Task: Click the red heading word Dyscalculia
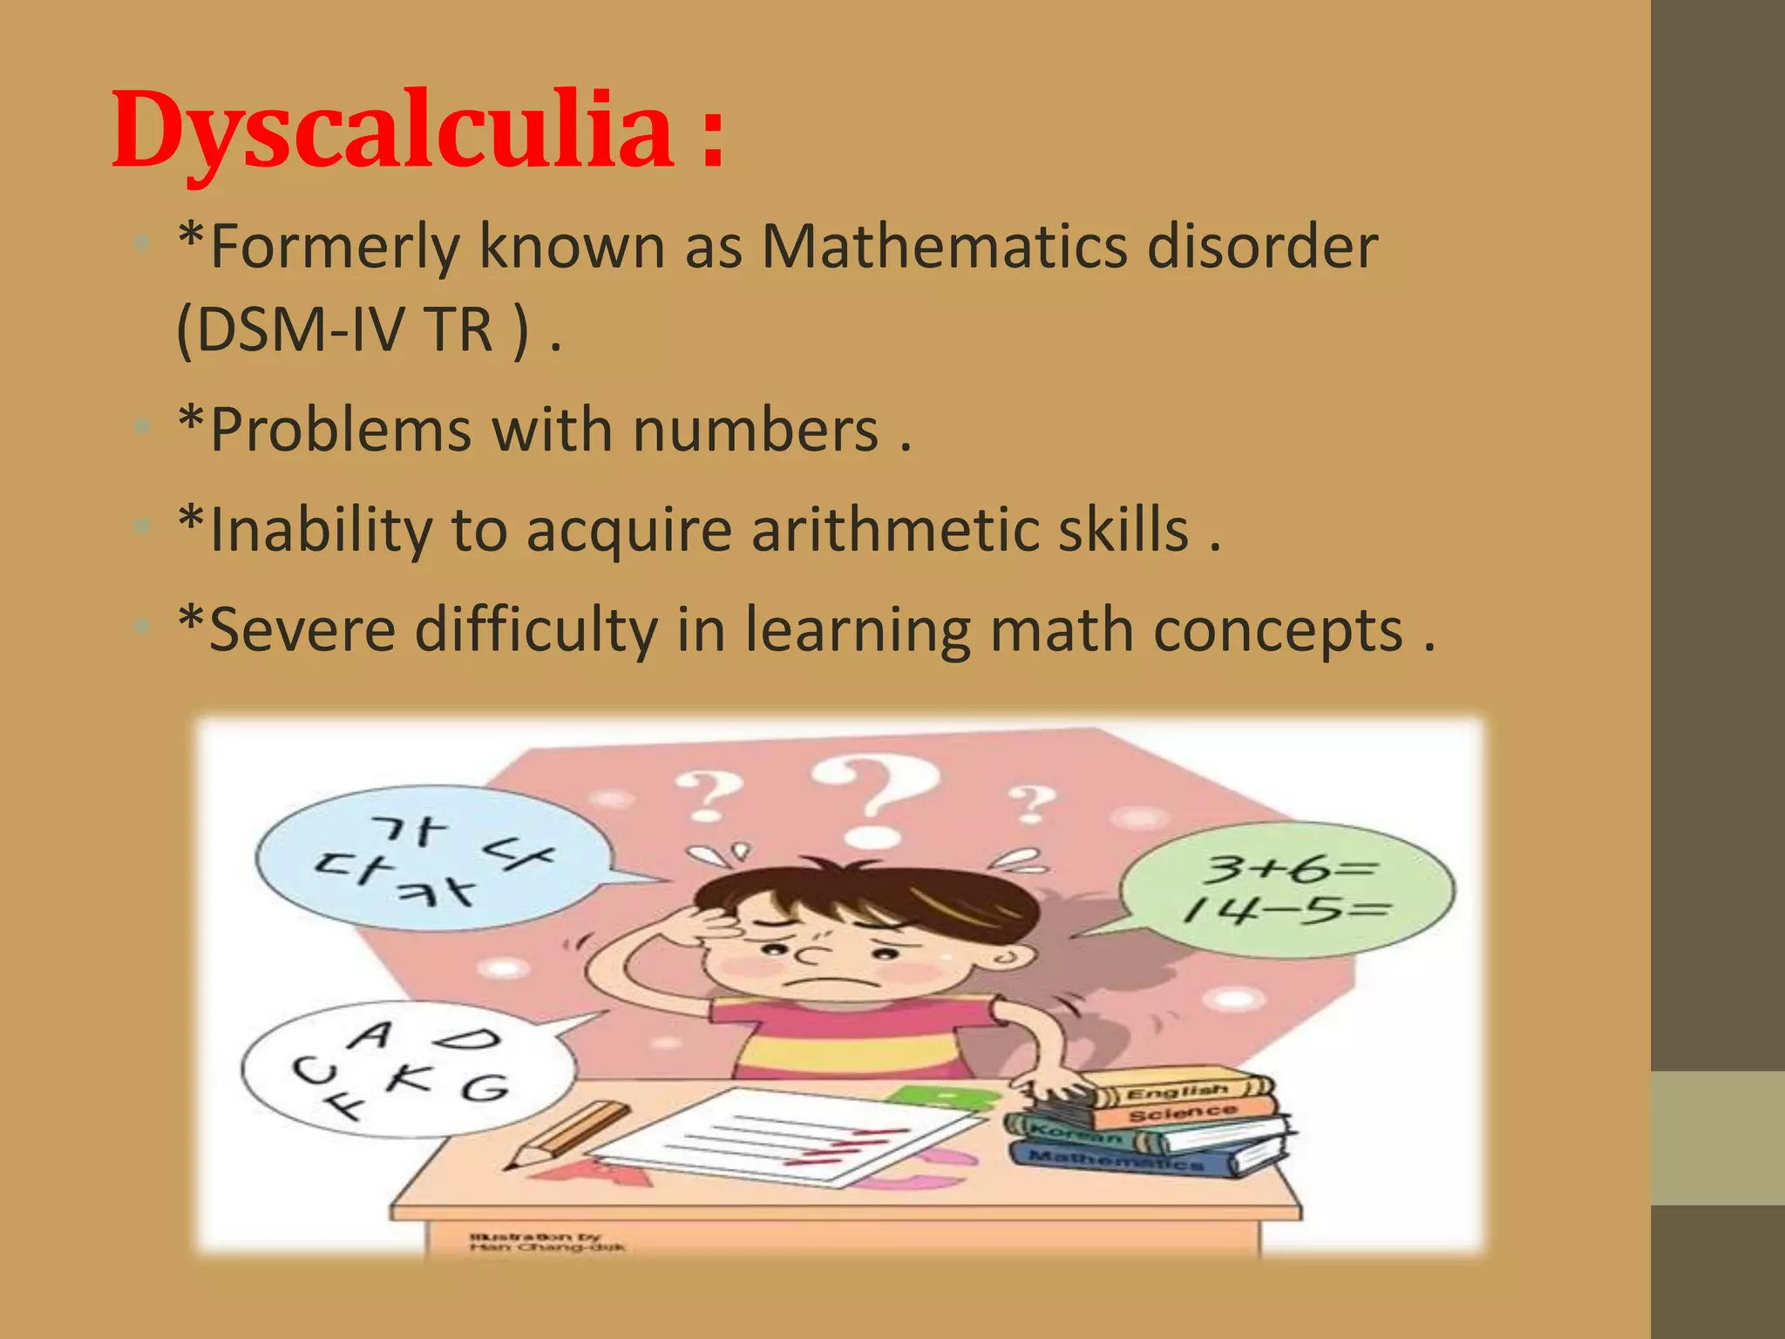pos(392,131)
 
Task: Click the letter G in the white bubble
pos(484,1088)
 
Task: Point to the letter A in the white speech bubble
pos(372,1036)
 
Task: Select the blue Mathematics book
pos(1124,1159)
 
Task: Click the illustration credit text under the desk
pos(546,1241)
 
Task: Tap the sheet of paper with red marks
pos(784,1138)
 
